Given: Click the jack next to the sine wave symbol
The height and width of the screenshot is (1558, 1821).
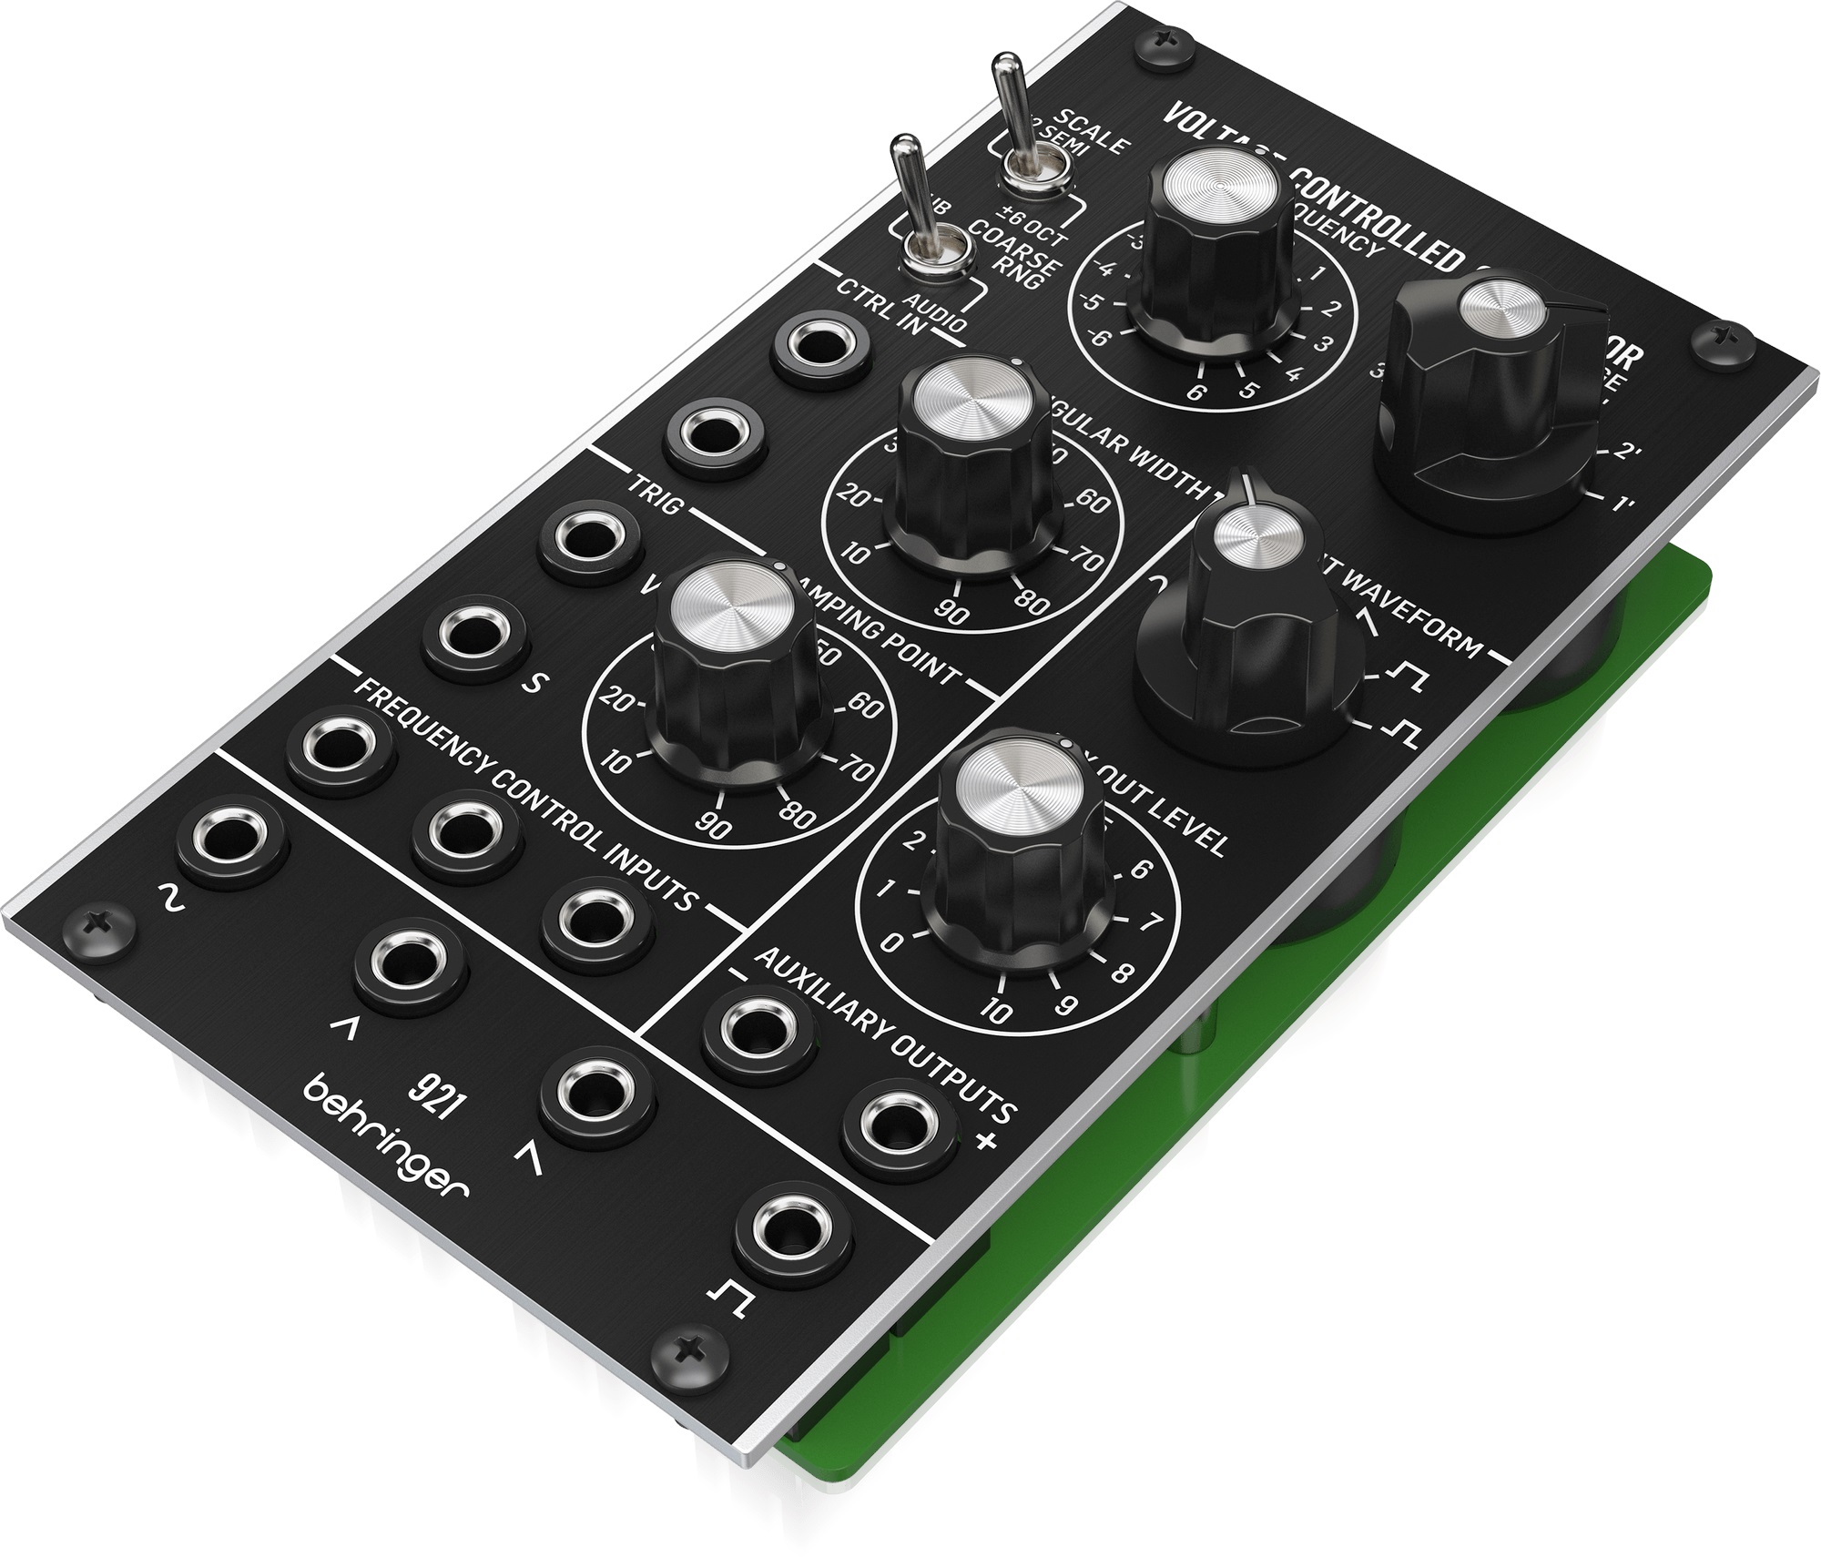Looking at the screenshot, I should (231, 839).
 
